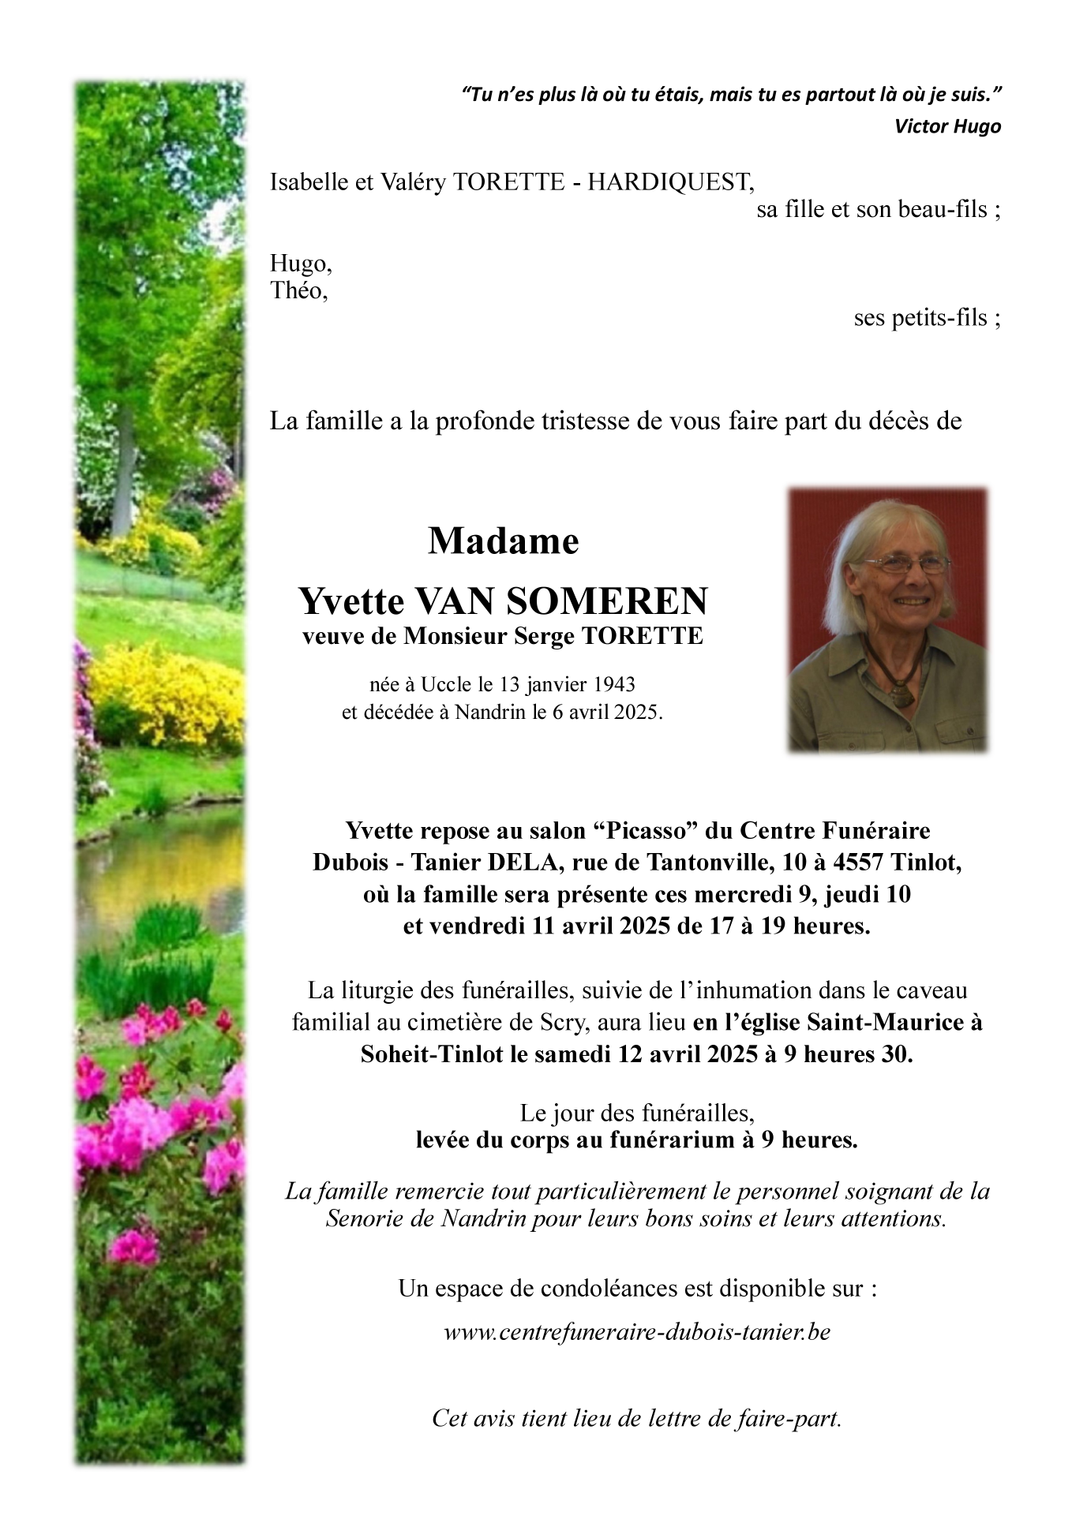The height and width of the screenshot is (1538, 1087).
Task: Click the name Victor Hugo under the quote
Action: [x=947, y=126]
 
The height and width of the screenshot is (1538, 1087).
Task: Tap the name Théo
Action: [x=298, y=291]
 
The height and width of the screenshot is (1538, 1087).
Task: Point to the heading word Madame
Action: [x=504, y=541]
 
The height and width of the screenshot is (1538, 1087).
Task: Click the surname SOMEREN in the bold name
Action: [x=607, y=601]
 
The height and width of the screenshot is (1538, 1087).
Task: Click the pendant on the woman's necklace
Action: [x=900, y=697]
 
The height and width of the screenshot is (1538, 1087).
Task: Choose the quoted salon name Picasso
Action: [x=644, y=831]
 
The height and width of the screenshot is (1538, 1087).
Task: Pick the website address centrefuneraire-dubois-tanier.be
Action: [x=637, y=1333]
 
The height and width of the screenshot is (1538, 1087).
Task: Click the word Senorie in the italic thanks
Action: [x=365, y=1219]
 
